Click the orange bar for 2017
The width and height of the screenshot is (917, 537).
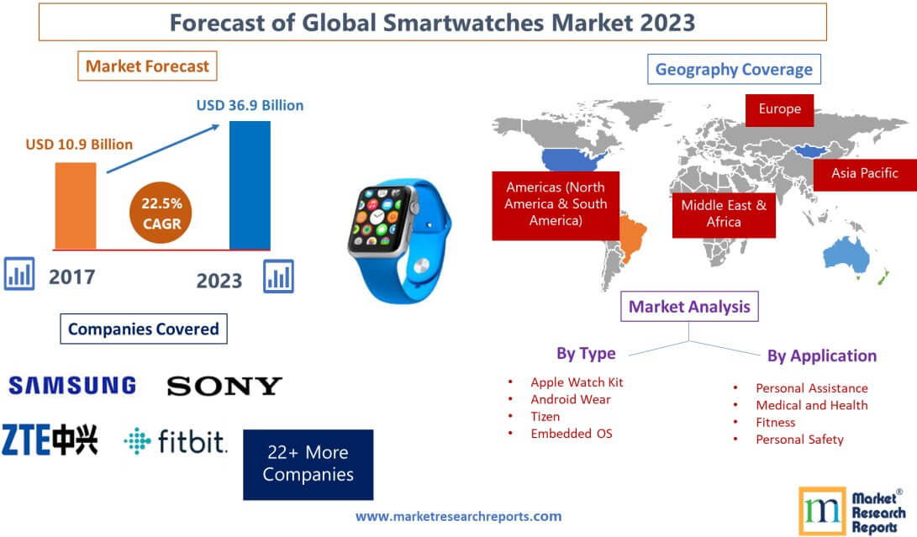pyautogui.click(x=76, y=204)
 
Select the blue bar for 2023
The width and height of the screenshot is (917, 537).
pyautogui.click(x=250, y=185)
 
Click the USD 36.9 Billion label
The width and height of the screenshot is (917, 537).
pyautogui.click(x=250, y=106)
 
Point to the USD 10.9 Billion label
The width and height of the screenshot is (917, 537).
pyautogui.click(x=79, y=145)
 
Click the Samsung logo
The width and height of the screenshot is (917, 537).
pyautogui.click(x=72, y=386)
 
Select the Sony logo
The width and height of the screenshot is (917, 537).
pyautogui.click(x=224, y=386)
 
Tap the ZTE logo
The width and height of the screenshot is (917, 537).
pyautogui.click(x=50, y=440)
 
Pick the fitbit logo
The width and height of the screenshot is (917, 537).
pyautogui.click(x=176, y=441)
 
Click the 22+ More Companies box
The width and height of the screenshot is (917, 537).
pyautogui.click(x=308, y=464)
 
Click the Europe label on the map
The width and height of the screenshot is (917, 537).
pyautogui.click(x=779, y=109)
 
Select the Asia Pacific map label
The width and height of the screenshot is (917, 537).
pyautogui.click(x=864, y=173)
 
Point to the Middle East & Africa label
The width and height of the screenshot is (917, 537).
pyautogui.click(x=723, y=213)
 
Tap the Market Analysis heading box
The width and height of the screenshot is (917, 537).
pyautogui.click(x=689, y=307)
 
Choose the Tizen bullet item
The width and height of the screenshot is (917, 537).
pyautogui.click(x=545, y=416)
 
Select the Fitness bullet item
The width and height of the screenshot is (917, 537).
pyautogui.click(x=775, y=422)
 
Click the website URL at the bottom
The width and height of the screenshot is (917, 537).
pyautogui.click(x=458, y=516)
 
